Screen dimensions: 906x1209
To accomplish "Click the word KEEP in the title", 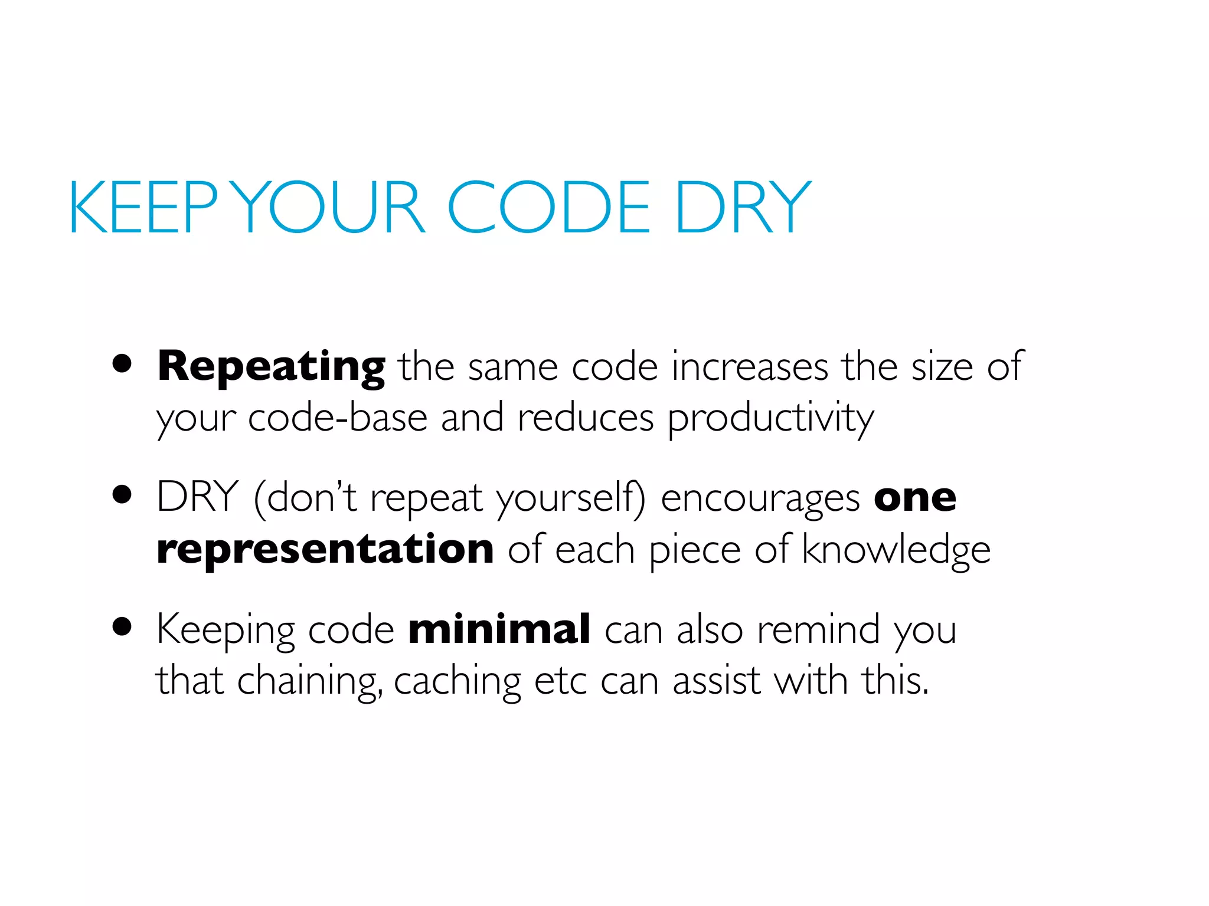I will point(143,208).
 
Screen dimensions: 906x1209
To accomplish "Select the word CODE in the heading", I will point(548,208).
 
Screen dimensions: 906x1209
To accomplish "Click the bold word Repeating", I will point(271,367).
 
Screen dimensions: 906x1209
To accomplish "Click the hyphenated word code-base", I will point(337,418).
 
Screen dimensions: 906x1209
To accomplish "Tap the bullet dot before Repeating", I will point(122,364).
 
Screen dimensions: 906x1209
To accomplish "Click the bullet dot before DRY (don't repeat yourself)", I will point(122,495).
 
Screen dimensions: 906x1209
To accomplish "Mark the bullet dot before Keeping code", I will point(122,626).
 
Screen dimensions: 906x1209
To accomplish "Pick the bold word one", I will point(914,498).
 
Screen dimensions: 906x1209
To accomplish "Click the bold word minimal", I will point(499,629).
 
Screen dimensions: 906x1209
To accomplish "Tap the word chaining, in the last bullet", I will point(309,682).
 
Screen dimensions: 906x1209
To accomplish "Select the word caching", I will point(457,682).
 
